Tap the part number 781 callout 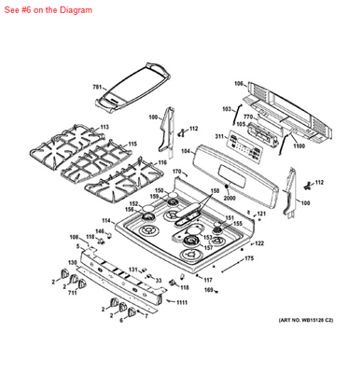point(97,87)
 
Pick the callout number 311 point(219,136)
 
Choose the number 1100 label point(299,146)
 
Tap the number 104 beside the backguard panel point(186,150)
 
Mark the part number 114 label point(106,221)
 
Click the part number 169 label point(209,291)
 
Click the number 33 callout point(159,280)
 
